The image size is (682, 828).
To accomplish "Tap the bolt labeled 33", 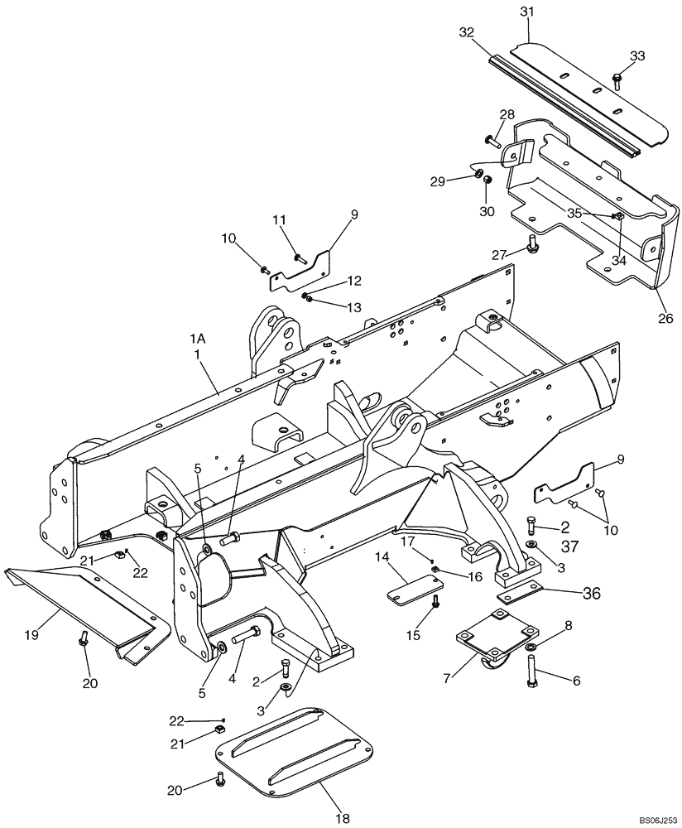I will (x=617, y=79).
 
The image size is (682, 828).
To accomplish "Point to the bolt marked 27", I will (x=533, y=244).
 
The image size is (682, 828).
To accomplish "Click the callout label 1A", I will (x=197, y=338).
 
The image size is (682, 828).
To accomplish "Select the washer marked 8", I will (x=531, y=645).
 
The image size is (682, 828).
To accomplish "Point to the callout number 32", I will (x=466, y=33).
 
